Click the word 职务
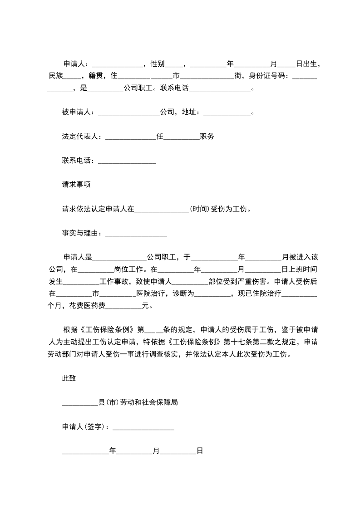click(x=207, y=137)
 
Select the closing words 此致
click(x=69, y=378)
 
